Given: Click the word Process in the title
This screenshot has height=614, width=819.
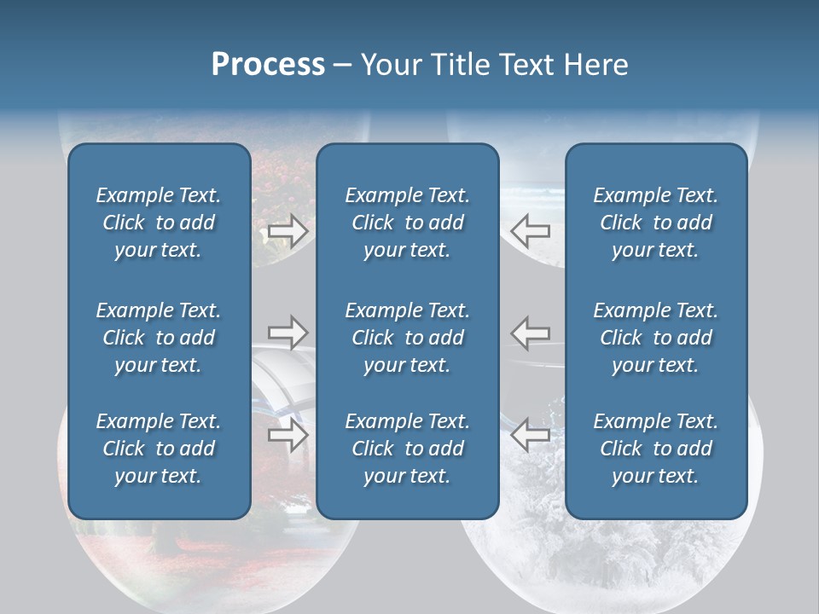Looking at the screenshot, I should tap(268, 65).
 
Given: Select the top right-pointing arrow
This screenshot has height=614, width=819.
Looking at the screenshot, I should tap(288, 231).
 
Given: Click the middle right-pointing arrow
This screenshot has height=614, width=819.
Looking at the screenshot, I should tap(288, 333).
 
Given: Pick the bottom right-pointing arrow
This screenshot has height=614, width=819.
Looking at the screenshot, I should tap(288, 436).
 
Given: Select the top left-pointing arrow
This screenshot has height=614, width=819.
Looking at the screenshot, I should tap(531, 230).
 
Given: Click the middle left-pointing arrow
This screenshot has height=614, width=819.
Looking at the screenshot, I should tap(531, 333).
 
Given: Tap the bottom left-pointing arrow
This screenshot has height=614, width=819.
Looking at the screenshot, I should tap(531, 435).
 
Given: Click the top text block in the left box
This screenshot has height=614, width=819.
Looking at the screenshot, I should tap(159, 223).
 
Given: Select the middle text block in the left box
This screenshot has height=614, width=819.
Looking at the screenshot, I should tap(159, 338).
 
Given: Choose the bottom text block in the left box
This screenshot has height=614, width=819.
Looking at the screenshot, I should tap(159, 449).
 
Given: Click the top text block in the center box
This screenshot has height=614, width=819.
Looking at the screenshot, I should tap(407, 223).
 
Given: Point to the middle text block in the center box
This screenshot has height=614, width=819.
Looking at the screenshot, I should tap(407, 338).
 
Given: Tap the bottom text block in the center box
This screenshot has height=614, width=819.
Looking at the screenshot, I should tap(407, 449).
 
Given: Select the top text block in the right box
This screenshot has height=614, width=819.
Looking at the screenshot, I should tap(655, 223).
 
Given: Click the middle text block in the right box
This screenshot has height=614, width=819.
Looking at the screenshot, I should tap(655, 338).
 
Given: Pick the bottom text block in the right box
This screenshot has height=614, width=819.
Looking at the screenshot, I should tap(655, 449).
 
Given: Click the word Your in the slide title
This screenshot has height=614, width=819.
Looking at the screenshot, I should tap(390, 65).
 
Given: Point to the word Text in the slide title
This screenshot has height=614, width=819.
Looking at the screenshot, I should tap(526, 65).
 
